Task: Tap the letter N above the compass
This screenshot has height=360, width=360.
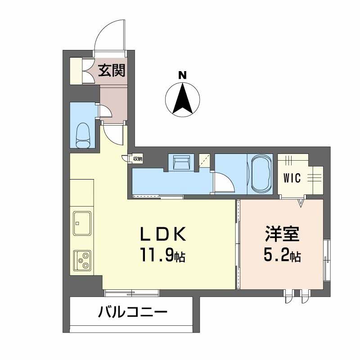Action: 182,75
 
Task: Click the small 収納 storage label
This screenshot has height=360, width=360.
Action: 137,158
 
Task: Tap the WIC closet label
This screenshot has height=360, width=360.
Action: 293,177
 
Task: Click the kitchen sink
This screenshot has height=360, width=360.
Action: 82,223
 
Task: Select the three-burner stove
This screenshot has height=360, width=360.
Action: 82,260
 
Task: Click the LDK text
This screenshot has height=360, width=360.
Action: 162,235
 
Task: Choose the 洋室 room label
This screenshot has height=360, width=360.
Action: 282,235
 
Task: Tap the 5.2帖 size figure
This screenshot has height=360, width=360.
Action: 282,256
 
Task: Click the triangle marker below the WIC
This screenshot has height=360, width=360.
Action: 301,203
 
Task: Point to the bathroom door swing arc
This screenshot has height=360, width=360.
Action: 224,182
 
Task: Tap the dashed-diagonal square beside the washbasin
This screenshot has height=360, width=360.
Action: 204,161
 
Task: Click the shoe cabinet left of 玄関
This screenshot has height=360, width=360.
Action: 76,71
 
